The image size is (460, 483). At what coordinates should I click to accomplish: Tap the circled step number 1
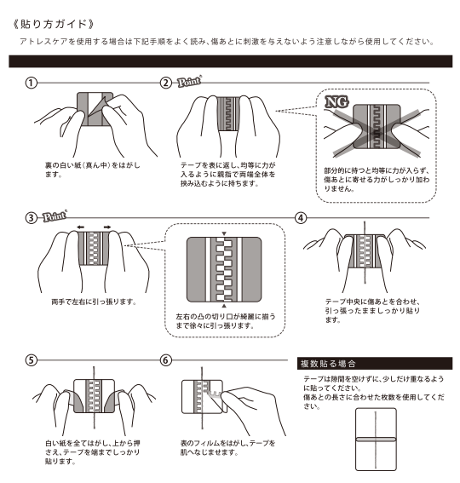[32, 83]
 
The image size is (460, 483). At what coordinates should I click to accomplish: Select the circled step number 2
[166, 83]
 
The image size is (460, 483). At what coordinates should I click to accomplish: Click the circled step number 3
[32, 217]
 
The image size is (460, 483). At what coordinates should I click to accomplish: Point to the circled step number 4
[300, 217]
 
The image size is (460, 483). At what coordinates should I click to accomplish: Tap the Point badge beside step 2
[188, 83]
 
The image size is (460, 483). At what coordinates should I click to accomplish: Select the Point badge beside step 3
[54, 216]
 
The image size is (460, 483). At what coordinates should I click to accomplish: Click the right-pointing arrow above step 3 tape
[109, 227]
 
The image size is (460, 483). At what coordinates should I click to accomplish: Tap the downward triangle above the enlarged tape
[223, 233]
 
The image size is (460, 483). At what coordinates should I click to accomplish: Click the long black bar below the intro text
[229, 61]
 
